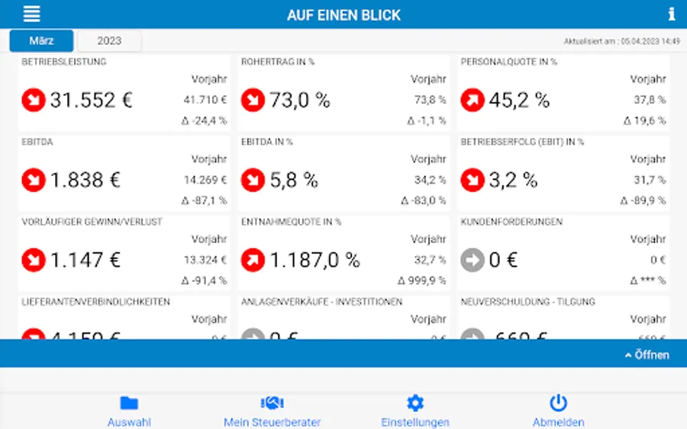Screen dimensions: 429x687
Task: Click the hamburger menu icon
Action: coord(32,14)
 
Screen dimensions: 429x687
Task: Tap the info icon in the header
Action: coord(672,14)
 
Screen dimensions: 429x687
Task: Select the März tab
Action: coord(41,40)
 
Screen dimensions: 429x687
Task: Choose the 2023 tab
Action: coord(109,40)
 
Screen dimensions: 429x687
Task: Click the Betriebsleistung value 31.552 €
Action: coord(91,100)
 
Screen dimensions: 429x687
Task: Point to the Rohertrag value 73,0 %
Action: coord(299,100)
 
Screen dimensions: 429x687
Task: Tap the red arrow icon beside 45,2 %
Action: coord(473,100)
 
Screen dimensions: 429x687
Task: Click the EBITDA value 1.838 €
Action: coord(85,180)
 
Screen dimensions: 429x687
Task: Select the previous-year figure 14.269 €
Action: coord(205,180)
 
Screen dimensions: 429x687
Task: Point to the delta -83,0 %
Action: coord(424,200)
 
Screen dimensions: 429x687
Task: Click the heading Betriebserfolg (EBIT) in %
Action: coord(522,142)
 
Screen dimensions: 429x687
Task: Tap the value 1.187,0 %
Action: coord(314,260)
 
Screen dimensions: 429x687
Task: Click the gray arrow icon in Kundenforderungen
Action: coord(473,260)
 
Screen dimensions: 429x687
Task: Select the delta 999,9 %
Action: coord(424,280)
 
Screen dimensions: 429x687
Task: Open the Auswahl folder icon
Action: coord(129,403)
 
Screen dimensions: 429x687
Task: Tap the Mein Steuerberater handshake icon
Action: coord(272,403)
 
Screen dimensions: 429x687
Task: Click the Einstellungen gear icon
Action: coord(414,403)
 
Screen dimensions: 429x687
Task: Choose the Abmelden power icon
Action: coord(558,403)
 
